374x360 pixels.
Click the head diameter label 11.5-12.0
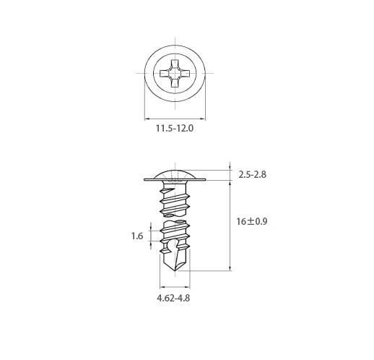point(175,128)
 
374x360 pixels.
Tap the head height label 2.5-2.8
point(253,174)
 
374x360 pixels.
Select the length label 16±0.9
point(252,221)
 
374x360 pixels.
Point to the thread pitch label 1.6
point(137,236)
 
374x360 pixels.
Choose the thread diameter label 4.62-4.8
point(173,298)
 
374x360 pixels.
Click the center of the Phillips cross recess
point(175,73)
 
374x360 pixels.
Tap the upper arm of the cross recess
point(175,64)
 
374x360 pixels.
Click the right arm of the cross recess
point(186,73)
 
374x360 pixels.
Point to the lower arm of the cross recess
point(175,82)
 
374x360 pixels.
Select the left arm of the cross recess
point(165,73)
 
